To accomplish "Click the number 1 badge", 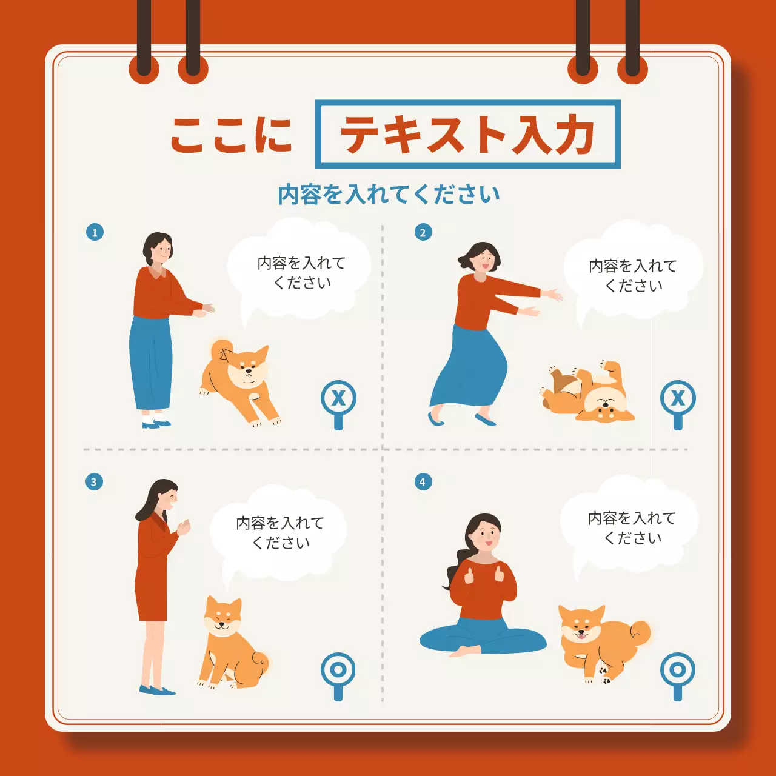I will pyautogui.click(x=95, y=232).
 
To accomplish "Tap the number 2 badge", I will pyautogui.click(x=423, y=232).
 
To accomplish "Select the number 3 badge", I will pyautogui.click(x=94, y=482).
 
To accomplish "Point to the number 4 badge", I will pyautogui.click(x=423, y=482).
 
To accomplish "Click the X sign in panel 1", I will pyautogui.click(x=338, y=398).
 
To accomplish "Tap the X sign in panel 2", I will pyautogui.click(x=678, y=398).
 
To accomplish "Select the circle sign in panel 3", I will pyautogui.click(x=338, y=670).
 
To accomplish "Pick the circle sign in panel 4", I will pyautogui.click(x=678, y=670).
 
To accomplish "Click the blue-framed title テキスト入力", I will pyautogui.click(x=467, y=134).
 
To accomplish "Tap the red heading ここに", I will pyautogui.click(x=231, y=135).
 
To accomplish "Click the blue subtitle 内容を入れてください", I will pyautogui.click(x=389, y=195).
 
